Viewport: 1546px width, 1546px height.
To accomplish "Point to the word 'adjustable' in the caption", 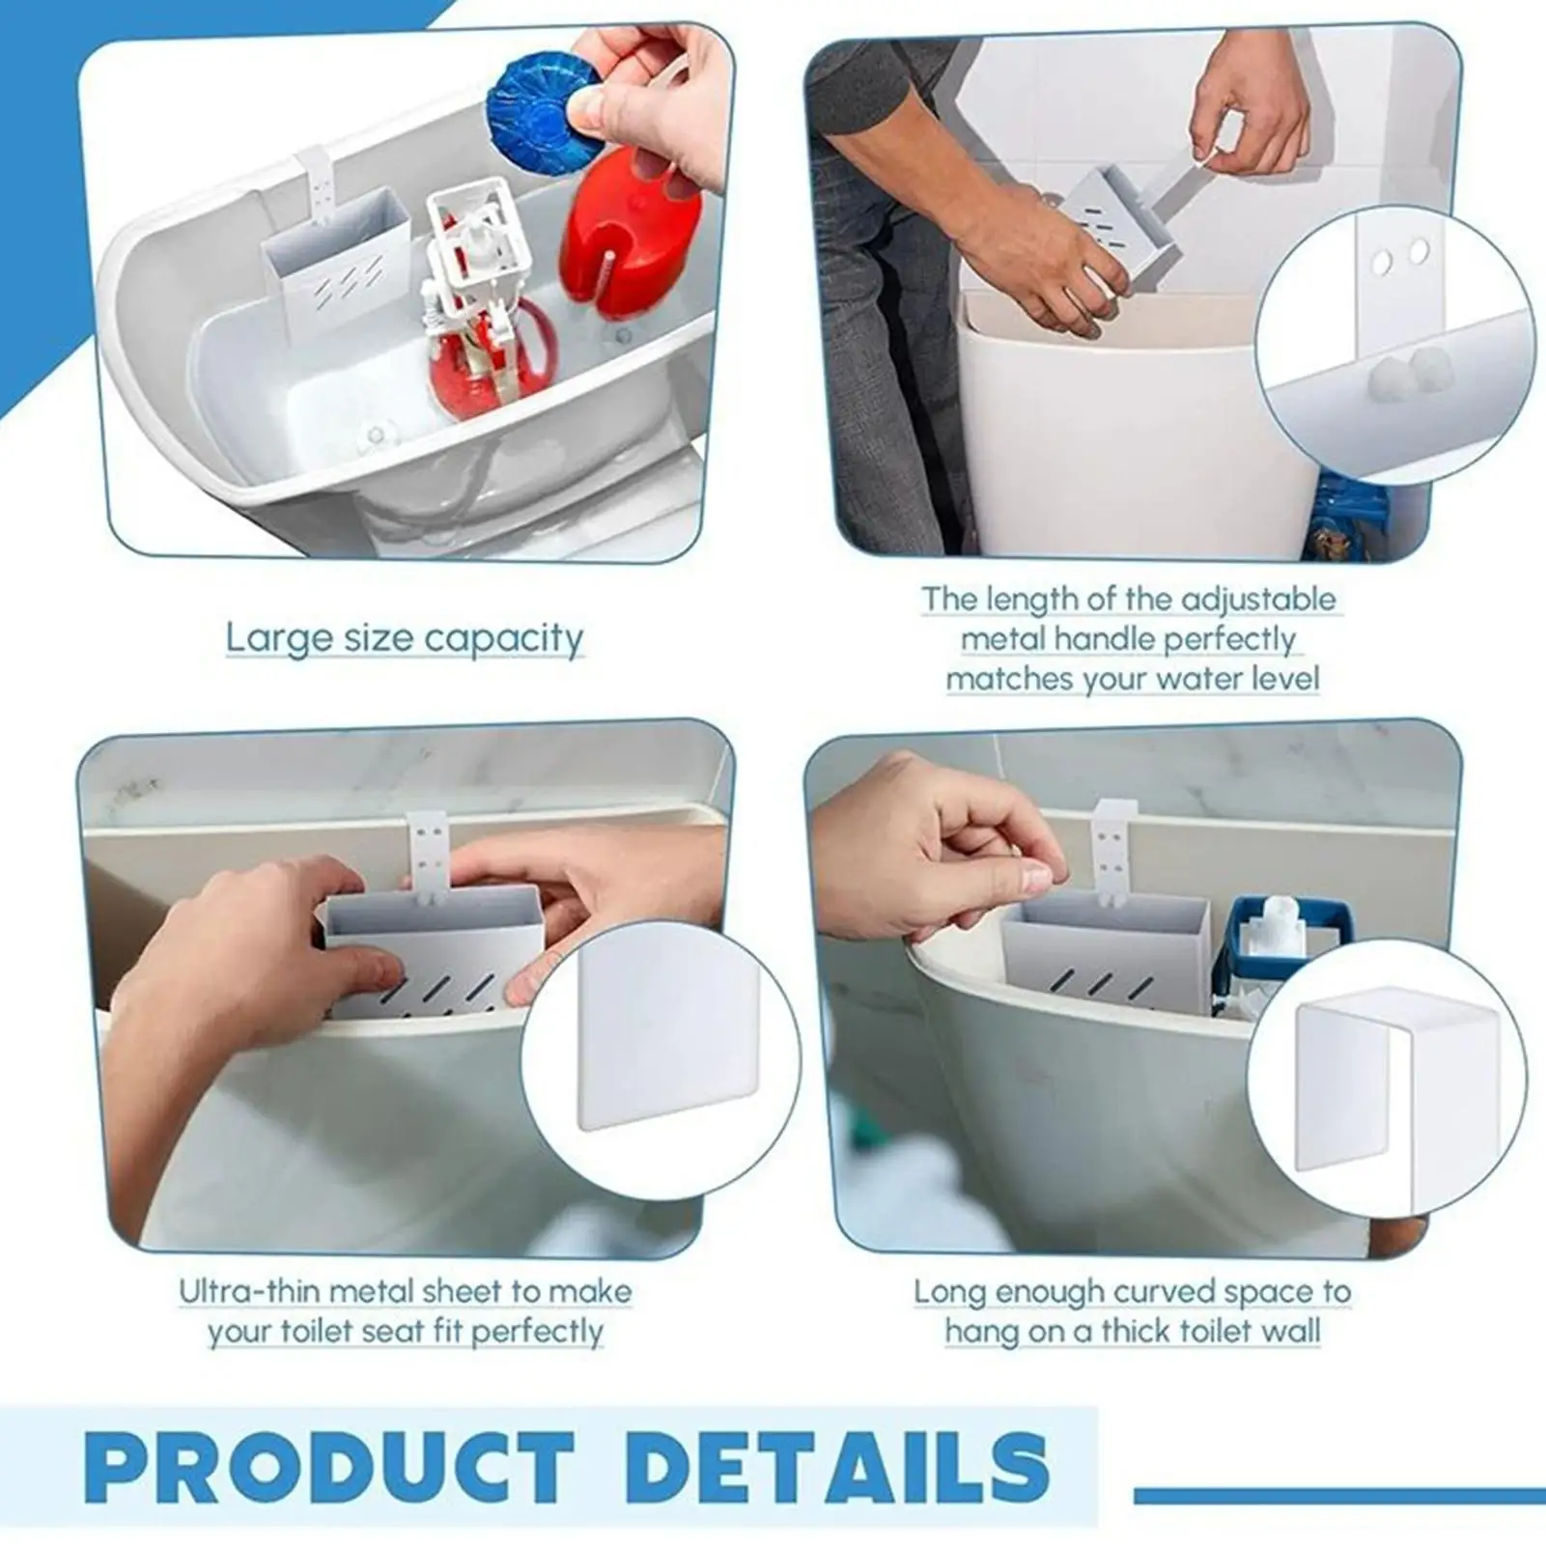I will pos(1258,600).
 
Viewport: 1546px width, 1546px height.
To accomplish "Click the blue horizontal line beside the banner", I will pos(1338,1496).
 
